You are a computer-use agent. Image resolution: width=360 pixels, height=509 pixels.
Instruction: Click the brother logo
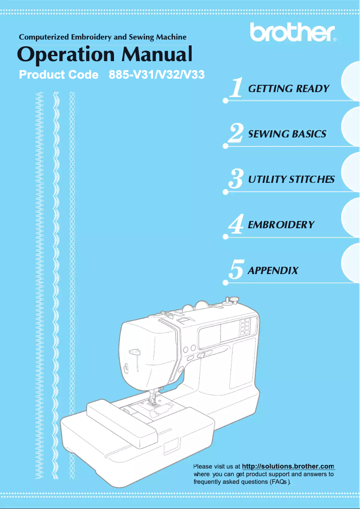pyautogui.click(x=292, y=32)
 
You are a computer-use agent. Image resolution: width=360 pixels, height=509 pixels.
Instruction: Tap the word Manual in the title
pyautogui.click(x=157, y=54)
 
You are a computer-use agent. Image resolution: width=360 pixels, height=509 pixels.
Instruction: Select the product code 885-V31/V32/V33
pyautogui.click(x=157, y=75)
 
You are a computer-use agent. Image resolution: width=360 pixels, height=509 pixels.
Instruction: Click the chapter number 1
pyautogui.click(x=236, y=88)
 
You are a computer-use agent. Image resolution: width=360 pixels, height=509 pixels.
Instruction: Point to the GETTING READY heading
pyautogui.click(x=288, y=89)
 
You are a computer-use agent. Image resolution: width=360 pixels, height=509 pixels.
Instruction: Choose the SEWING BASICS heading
pyautogui.click(x=287, y=134)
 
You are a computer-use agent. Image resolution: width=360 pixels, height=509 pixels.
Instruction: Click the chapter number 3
pyautogui.click(x=236, y=179)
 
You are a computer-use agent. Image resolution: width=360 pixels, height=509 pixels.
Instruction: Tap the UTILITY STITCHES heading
pyautogui.click(x=291, y=180)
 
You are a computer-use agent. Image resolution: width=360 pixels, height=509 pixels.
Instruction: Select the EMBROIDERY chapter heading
pyautogui.click(x=281, y=225)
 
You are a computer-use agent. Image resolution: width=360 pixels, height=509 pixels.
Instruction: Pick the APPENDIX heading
pyautogui.click(x=273, y=270)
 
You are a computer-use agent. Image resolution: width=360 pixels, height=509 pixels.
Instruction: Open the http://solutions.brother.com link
pyautogui.click(x=288, y=466)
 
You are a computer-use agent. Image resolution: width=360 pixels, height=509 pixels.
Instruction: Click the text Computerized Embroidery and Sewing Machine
pyautogui.click(x=102, y=37)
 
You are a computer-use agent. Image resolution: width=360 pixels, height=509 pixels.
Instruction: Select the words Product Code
pyautogui.click(x=59, y=75)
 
